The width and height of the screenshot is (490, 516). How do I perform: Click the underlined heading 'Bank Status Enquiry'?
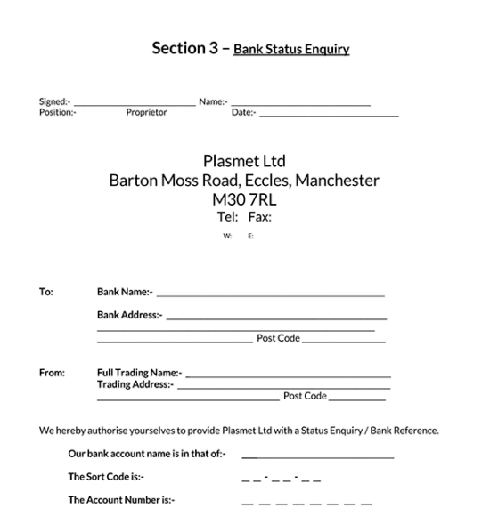point(291,50)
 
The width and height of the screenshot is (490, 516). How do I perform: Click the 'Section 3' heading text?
point(185,49)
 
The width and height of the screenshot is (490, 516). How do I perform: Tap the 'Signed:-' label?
point(54,102)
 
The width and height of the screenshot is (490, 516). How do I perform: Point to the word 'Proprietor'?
point(146,113)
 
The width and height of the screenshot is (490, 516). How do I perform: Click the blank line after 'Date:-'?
point(329,115)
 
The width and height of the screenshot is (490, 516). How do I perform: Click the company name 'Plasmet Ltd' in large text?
point(244,161)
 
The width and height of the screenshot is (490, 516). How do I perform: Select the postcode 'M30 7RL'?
point(244,199)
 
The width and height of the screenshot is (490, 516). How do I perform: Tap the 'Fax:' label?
point(259,217)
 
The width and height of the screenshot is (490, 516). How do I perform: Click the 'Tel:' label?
point(227,217)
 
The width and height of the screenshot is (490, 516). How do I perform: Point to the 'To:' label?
point(46,291)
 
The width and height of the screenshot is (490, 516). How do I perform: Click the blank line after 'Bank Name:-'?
point(271,294)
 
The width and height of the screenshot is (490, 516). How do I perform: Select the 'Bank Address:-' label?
point(129,315)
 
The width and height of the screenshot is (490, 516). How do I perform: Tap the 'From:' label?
point(52,374)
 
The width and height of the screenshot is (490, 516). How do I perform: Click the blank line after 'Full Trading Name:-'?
point(288,376)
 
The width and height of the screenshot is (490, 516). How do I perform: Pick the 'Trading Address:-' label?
point(135,385)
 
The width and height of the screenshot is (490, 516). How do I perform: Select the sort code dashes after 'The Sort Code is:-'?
point(281,478)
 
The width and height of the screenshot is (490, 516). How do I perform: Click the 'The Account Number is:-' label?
point(121,500)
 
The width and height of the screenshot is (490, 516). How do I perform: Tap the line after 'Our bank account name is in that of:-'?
point(317,456)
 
